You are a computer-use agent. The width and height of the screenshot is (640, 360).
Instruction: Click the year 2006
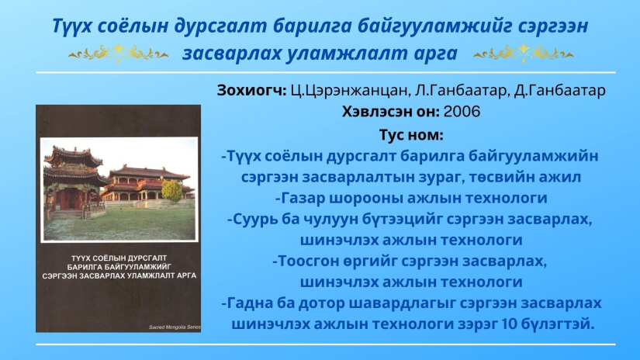pos(462,112)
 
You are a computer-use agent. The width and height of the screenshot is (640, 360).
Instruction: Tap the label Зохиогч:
pos(252,90)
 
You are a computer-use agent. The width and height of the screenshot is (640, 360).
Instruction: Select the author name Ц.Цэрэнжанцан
pos(349,91)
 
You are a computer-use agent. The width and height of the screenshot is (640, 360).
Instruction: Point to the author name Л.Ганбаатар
pos(460,90)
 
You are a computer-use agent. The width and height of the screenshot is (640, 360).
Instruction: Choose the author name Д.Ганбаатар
pos(559,90)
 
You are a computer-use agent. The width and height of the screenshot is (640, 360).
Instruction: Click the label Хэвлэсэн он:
pos(391,112)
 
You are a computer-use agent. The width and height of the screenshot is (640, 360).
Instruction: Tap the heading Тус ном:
pos(411,135)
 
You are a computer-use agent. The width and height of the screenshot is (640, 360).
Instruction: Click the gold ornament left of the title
pos(118,54)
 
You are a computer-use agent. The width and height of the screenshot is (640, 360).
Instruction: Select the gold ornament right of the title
pos(524,54)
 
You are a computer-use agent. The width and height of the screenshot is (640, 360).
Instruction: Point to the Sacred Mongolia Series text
pos(175,327)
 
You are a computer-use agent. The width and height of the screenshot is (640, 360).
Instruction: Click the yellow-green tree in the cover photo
pos(172,190)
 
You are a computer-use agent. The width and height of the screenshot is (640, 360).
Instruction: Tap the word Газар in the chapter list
pos(303,198)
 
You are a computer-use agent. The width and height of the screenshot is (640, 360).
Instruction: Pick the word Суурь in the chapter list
pos(254,220)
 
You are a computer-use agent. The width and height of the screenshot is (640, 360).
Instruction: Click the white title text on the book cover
pos(119,267)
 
